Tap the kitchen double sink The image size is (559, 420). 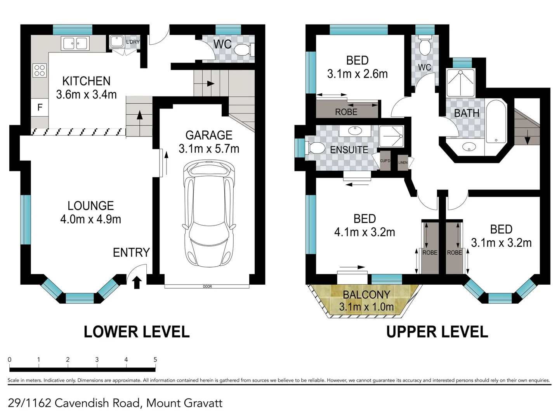coord(75,43)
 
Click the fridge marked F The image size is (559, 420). coord(40,107)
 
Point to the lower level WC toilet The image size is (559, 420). coord(244,50)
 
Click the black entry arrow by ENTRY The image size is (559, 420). coord(137,282)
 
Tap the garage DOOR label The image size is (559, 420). coord(207,287)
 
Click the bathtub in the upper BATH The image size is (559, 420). coord(496,122)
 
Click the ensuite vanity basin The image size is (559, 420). coord(355,131)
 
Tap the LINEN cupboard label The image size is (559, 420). coord(403,163)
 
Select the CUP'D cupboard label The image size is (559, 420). coord(385,161)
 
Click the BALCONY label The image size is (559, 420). coord(366,294)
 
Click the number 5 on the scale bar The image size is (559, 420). coord(155,360)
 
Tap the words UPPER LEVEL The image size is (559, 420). coord(437,332)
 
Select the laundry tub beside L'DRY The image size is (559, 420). coord(116,42)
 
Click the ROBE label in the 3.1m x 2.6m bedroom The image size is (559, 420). coord(346,112)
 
